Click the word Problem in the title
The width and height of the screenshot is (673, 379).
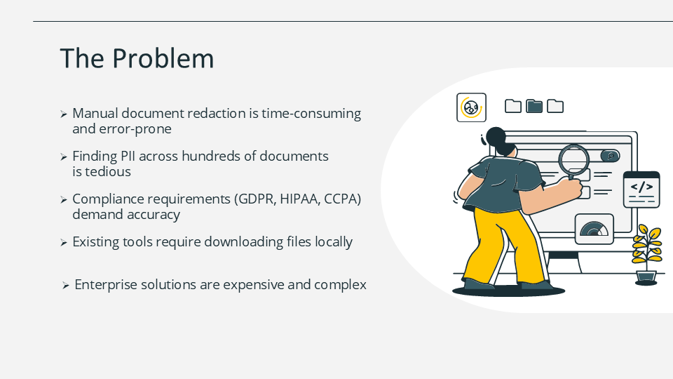coord(163,58)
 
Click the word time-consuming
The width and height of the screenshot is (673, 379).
coord(311,114)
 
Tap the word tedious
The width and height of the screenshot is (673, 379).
coord(108,171)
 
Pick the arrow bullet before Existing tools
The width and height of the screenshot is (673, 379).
coord(64,243)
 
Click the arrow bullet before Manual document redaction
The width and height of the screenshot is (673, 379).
coord(64,114)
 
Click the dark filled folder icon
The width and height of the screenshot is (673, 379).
coord(534,106)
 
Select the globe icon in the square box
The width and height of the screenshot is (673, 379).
coord(471,107)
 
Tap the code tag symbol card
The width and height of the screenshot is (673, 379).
coord(641,189)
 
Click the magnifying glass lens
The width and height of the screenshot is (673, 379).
coord(574,159)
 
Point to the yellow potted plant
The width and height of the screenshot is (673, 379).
coord(646,254)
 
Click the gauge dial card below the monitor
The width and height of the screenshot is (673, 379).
coord(594,229)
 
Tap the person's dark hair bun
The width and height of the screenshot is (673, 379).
coord(496,136)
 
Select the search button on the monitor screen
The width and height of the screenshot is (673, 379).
coord(610,156)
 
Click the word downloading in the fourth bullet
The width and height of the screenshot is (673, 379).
coord(244,242)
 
